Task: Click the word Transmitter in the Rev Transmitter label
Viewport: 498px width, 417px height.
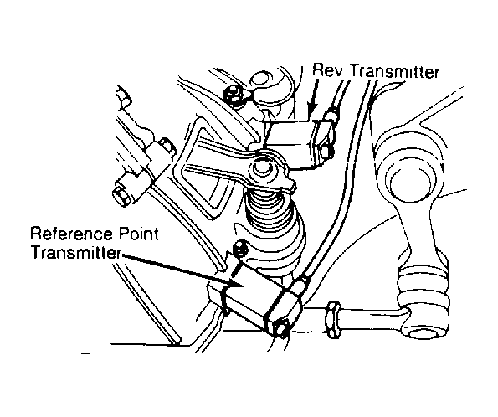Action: click(x=394, y=71)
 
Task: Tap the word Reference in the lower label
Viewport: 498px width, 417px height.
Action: click(x=71, y=234)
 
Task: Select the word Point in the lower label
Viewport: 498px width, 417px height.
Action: click(x=138, y=234)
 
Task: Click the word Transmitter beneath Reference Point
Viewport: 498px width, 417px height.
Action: click(x=76, y=252)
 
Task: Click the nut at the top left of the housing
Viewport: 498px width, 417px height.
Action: click(x=234, y=94)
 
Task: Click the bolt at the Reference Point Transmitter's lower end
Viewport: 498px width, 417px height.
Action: click(x=281, y=327)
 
